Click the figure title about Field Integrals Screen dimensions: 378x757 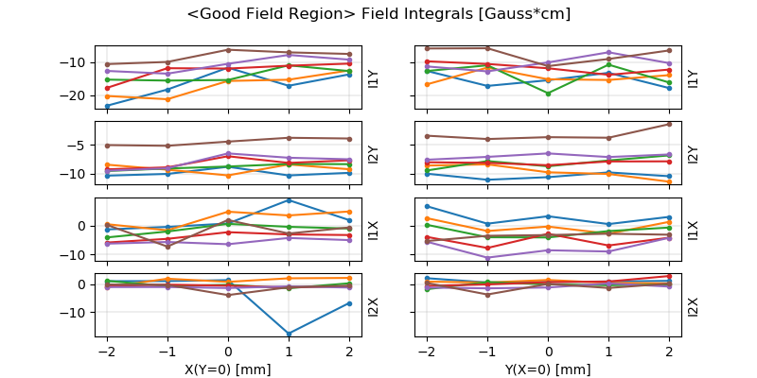coord(378,14)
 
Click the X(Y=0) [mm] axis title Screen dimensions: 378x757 coord(228,369)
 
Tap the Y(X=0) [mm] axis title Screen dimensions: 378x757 coord(548,369)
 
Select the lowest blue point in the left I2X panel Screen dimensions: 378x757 coord(289,334)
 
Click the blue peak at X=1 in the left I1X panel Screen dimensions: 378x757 coord(289,200)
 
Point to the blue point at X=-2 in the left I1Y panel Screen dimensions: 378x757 coord(107,106)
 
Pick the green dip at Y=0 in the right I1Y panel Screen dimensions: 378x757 coord(548,94)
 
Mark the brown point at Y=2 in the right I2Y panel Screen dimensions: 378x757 coord(669,124)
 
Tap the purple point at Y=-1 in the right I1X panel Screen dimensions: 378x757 coord(487,258)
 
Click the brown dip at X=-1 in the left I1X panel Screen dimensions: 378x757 coord(167,247)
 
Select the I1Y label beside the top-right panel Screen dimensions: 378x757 coord(693,77)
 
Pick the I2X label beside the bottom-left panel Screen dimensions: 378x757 coord(373,306)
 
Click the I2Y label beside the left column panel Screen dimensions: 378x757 coord(373,154)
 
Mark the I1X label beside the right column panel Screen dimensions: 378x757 coord(693,230)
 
